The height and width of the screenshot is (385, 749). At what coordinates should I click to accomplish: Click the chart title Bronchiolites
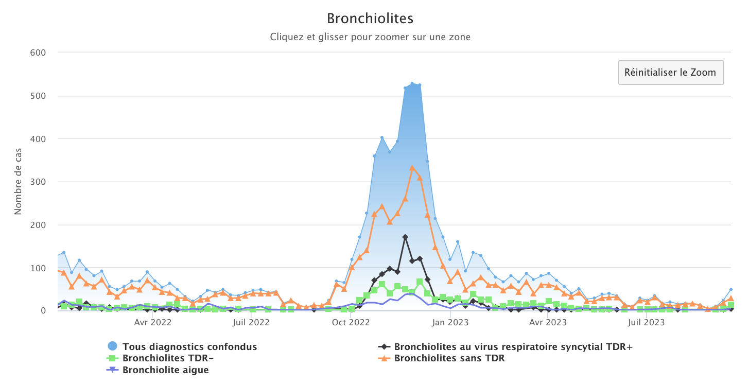[370, 19]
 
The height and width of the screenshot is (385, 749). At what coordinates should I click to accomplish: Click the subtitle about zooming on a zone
[370, 37]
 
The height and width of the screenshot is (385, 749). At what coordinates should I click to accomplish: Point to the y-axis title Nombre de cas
[18, 182]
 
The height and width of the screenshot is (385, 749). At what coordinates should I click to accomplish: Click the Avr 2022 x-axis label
[153, 323]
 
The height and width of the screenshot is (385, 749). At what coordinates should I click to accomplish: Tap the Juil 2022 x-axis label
[251, 323]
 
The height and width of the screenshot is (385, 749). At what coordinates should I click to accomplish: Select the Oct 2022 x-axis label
[351, 323]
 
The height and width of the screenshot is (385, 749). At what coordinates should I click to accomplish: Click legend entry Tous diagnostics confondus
[189, 347]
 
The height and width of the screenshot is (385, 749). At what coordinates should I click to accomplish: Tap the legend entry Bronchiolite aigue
[165, 370]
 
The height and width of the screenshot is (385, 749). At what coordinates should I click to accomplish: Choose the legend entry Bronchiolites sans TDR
[449, 358]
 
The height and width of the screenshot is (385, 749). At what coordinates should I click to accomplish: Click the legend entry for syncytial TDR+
[513, 347]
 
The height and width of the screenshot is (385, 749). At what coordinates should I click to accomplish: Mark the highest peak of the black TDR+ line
[405, 237]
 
